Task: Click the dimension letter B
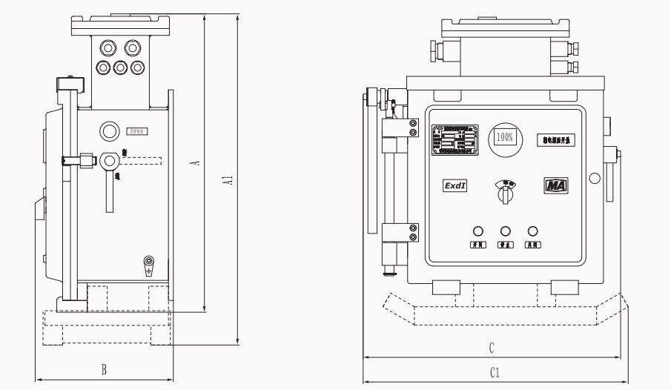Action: pos(105,368)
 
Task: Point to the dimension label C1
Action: pos(494,373)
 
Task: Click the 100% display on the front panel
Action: pos(506,138)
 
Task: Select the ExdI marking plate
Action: pos(455,187)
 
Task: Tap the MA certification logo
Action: pos(555,185)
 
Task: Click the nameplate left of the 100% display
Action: pos(455,139)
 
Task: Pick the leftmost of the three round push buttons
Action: pos(479,231)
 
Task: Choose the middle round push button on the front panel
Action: pos(506,231)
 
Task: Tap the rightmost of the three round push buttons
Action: pos(532,231)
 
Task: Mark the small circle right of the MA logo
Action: pos(594,179)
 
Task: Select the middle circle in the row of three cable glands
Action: pos(120,67)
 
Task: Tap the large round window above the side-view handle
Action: pos(110,131)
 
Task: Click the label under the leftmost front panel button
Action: pos(479,245)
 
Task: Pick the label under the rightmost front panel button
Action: pos(532,245)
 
